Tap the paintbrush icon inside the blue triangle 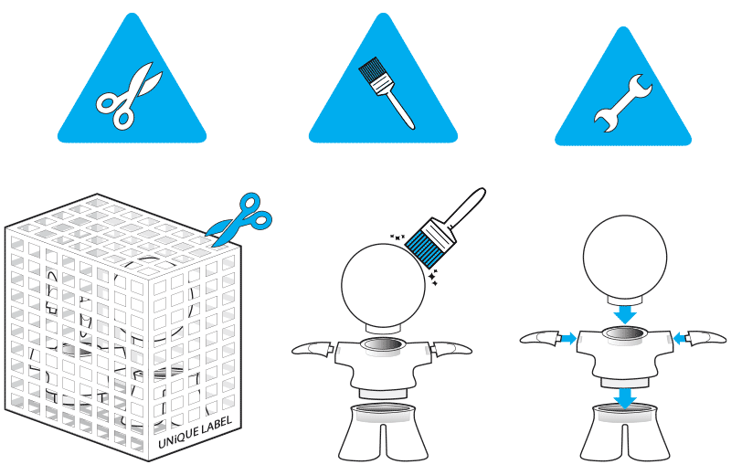coord(387,93)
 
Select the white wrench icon coord(623,103)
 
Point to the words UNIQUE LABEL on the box coord(195,433)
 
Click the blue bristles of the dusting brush coord(424,246)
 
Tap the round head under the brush coord(383,285)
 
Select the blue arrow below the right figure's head coord(625,314)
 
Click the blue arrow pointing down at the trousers coord(625,399)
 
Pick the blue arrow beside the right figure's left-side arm coord(567,338)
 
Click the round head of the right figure coord(625,257)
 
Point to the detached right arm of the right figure coord(707,338)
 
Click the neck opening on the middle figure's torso coord(383,345)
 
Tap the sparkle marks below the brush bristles coord(433,277)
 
